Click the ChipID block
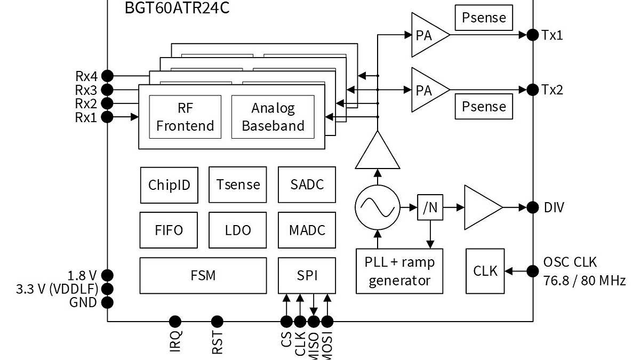point(169,185)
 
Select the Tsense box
point(238,185)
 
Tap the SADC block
point(307,185)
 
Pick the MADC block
point(307,230)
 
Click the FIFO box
point(169,230)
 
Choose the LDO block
point(238,230)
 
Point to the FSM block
point(203,275)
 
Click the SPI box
point(307,275)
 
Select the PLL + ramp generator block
point(399,271)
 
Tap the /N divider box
point(430,207)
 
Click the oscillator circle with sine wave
point(377,207)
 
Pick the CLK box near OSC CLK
point(485,271)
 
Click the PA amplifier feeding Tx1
point(427,35)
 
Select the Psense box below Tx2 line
point(484,106)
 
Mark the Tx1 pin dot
point(532,35)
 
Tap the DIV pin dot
point(532,207)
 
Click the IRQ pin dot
point(175,322)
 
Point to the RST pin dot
point(217,322)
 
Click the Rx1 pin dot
point(107,117)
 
